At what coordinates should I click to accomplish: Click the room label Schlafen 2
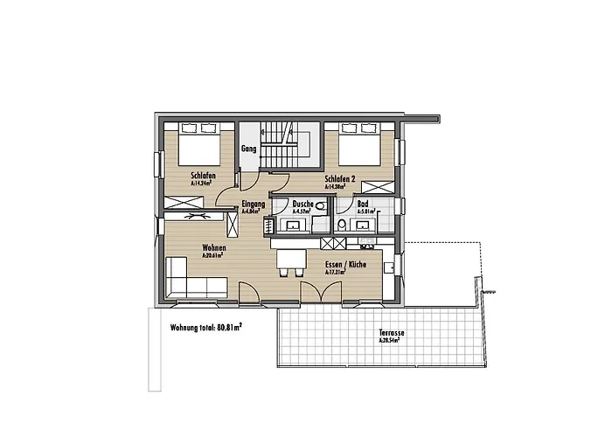click(338, 178)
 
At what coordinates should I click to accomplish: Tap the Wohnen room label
click(214, 247)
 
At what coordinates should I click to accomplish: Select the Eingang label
click(254, 204)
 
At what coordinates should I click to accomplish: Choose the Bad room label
click(363, 203)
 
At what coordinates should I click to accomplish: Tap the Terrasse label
click(392, 333)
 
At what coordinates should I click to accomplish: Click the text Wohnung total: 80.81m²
click(206, 329)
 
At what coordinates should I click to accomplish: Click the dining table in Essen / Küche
click(292, 259)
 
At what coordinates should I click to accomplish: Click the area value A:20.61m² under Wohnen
click(214, 256)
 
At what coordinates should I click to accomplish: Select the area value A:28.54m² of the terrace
click(391, 341)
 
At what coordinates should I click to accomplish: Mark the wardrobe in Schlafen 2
click(379, 185)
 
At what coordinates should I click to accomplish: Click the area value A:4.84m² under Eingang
click(254, 212)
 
